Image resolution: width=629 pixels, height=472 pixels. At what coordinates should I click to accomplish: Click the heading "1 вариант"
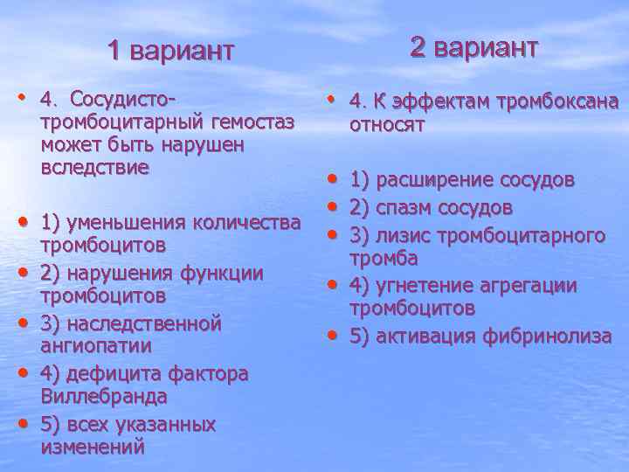(171, 51)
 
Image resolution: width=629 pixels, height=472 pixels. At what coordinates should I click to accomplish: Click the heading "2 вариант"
(474, 47)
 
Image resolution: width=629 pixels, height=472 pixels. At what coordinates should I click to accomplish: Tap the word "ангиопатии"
(96, 346)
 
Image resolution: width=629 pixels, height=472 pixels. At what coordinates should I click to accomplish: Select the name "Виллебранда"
(104, 397)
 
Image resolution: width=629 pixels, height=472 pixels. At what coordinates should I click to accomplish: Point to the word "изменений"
(93, 448)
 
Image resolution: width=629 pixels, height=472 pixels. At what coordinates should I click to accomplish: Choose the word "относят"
(387, 125)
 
